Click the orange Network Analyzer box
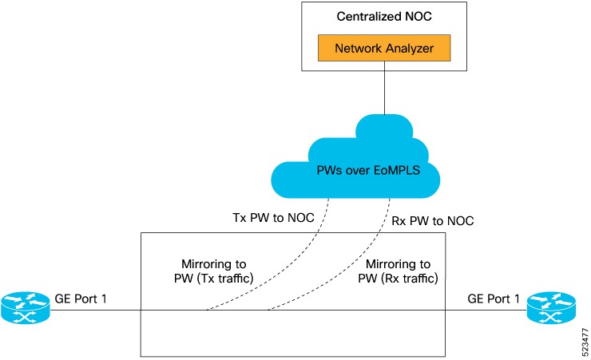[x=385, y=48]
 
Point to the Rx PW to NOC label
[x=433, y=221]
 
